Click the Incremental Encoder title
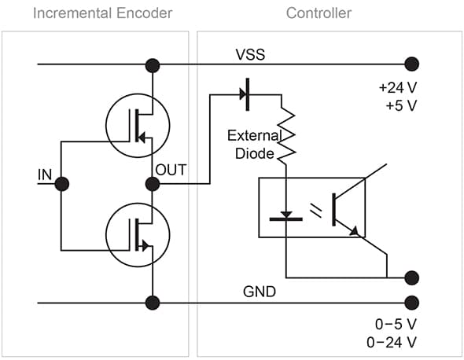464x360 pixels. pyautogui.click(x=102, y=13)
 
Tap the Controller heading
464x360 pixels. pyautogui.click(x=319, y=13)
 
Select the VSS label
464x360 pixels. pyautogui.click(x=250, y=54)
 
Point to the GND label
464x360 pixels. pyautogui.click(x=260, y=292)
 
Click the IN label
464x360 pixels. pyautogui.click(x=45, y=174)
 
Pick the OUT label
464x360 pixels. pyautogui.click(x=171, y=170)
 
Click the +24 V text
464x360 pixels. pyautogui.click(x=398, y=87)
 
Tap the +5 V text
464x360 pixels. pyautogui.click(x=401, y=105)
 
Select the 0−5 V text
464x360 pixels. pyautogui.click(x=396, y=324)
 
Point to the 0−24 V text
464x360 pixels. pyautogui.click(x=392, y=343)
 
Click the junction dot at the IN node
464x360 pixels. pyautogui.click(x=62, y=184)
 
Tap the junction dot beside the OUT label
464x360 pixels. pyautogui.click(x=153, y=184)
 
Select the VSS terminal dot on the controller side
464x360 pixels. pyautogui.click(x=411, y=64)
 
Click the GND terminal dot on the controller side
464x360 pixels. pyautogui.click(x=411, y=303)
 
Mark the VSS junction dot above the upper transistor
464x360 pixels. pyautogui.click(x=153, y=65)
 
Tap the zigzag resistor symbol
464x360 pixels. pyautogui.click(x=286, y=134)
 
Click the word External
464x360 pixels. pyautogui.click(x=254, y=135)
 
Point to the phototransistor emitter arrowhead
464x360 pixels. pyautogui.click(x=354, y=231)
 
